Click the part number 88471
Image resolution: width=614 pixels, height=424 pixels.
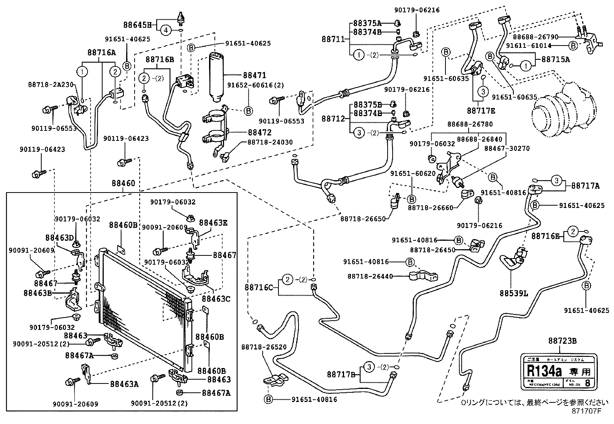click(255, 75)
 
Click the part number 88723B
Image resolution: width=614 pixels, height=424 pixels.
click(562, 341)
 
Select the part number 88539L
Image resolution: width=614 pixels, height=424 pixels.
click(514, 293)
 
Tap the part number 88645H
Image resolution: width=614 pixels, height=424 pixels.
click(138, 25)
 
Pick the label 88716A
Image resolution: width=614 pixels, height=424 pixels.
click(101, 53)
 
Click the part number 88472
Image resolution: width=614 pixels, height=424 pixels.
click(259, 132)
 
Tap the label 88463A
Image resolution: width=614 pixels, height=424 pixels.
click(124, 384)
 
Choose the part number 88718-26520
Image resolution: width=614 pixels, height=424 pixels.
click(264, 347)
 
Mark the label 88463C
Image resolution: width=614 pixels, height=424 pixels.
click(216, 298)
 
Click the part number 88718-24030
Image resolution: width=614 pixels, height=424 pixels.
click(270, 142)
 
